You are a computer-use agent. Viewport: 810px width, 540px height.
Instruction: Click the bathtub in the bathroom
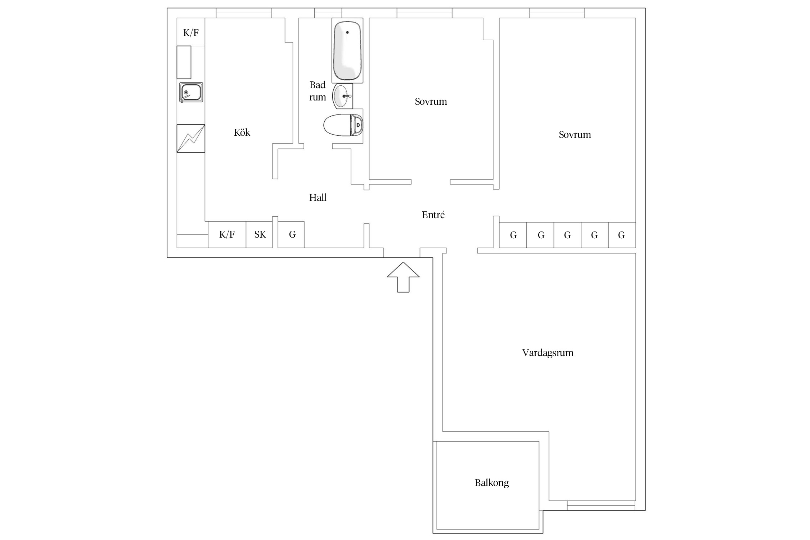[347, 50]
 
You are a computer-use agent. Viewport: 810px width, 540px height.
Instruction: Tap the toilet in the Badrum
[343, 125]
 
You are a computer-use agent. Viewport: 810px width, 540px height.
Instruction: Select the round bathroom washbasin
[343, 96]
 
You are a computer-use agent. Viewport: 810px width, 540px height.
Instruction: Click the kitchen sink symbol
[191, 93]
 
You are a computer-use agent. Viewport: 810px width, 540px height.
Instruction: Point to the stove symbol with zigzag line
[191, 139]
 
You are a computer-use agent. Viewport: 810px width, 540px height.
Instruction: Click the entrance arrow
[403, 277]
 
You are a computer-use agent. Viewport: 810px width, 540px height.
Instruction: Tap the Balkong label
[492, 483]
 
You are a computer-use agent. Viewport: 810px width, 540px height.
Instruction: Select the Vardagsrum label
[548, 353]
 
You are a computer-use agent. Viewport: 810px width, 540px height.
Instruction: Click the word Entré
[433, 215]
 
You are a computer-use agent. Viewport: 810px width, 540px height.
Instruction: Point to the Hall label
[318, 197]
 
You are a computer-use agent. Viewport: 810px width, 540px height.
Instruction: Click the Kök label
[242, 132]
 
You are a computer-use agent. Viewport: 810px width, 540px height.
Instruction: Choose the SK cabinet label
[260, 235]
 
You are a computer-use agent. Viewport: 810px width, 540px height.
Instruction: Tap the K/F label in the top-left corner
[191, 33]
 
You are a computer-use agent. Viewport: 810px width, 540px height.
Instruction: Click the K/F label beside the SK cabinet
[227, 235]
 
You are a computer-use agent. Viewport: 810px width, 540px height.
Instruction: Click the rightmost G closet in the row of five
[622, 235]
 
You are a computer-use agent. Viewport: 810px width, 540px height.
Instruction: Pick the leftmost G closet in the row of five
[513, 235]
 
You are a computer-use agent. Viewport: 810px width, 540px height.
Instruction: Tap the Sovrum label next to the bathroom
[431, 102]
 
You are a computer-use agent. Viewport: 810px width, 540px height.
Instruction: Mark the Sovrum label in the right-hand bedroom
[575, 135]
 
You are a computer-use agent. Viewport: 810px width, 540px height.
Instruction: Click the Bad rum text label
[318, 91]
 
